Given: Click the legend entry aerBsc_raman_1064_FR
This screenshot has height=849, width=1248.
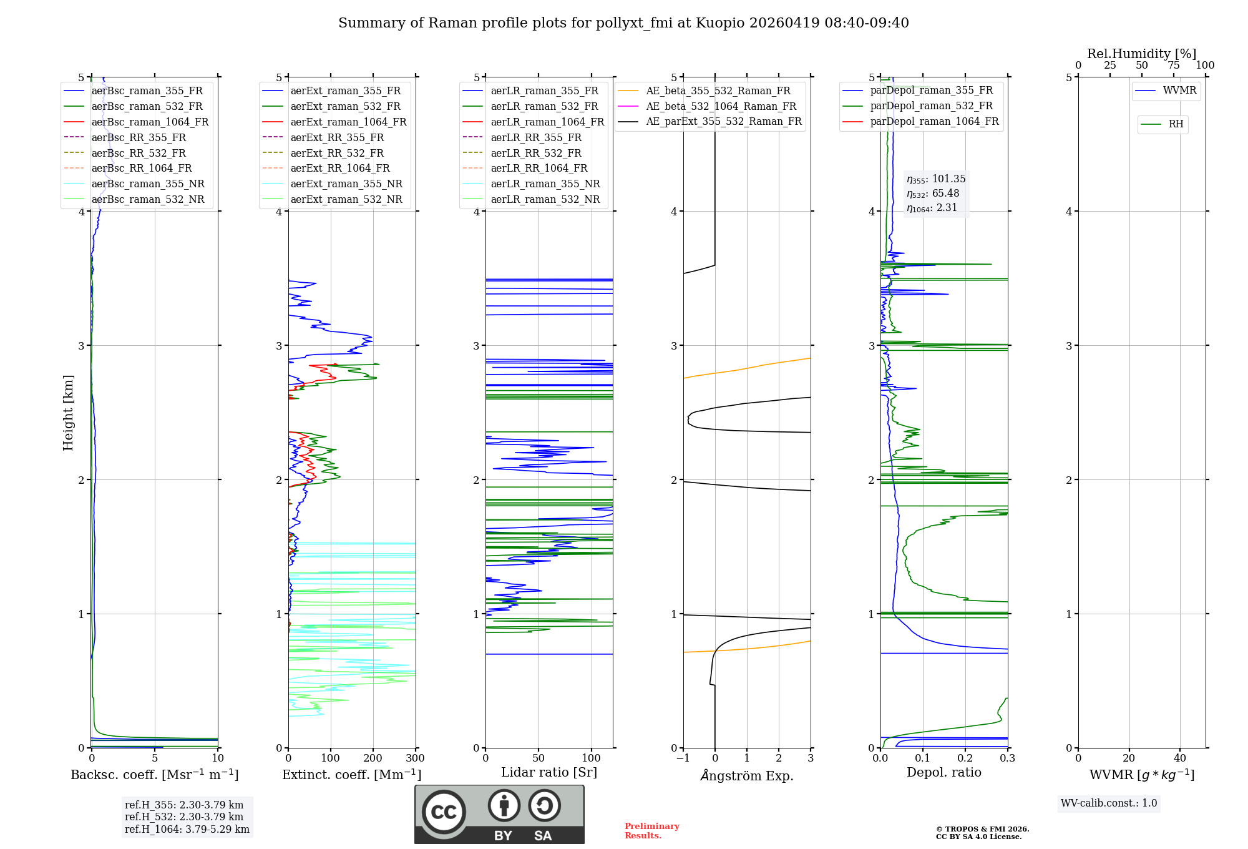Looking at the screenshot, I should pos(150,122).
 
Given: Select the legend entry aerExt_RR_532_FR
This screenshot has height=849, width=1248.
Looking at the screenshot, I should pos(337,153).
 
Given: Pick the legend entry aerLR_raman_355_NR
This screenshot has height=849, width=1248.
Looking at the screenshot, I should pos(545,184).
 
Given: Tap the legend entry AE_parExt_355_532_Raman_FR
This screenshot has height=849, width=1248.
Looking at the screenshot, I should pos(723,121).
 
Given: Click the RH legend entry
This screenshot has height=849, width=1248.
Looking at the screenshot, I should pos(1176,124).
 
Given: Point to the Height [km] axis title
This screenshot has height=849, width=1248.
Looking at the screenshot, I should pos(68,413).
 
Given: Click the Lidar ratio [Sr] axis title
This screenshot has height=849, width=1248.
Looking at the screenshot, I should pos(549,772).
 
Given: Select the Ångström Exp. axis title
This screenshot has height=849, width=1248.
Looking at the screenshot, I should pos(747,776).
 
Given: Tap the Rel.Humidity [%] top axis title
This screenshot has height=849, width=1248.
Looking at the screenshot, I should pos(1141,54).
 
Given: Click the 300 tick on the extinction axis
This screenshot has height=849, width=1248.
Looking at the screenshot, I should pos(416,758).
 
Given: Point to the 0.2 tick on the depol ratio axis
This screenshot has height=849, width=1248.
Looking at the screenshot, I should pos(965,758).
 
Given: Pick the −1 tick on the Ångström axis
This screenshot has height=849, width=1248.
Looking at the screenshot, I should pos(683,758).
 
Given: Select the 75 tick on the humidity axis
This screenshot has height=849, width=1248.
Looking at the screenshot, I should pos(1174,65).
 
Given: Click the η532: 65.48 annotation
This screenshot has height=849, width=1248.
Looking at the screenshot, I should pos(933,194).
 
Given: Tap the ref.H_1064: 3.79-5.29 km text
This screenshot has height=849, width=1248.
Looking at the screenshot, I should pos(187,829).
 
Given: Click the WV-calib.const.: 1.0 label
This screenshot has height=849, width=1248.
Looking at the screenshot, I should pos(1109,803).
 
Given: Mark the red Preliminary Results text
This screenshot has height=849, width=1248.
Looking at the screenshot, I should pos(651,831).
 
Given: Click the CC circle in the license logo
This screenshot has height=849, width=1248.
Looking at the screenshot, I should pos(444,812).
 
